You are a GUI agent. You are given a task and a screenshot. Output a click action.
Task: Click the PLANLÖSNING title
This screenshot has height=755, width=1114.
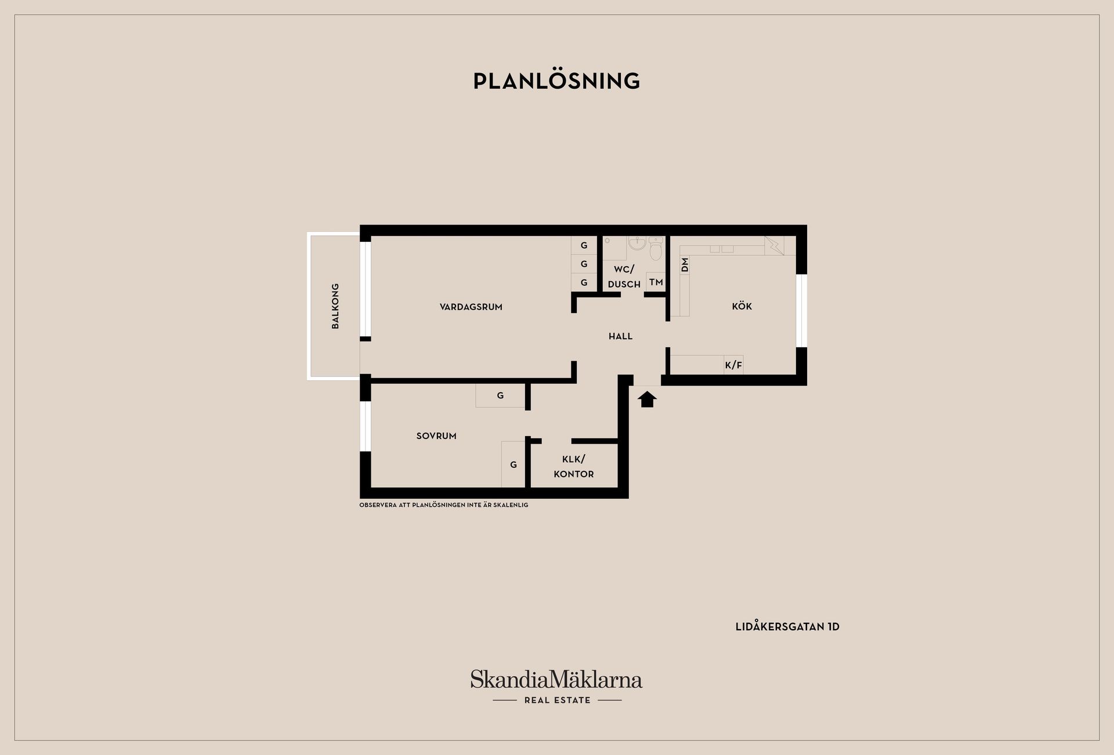(x=556, y=81)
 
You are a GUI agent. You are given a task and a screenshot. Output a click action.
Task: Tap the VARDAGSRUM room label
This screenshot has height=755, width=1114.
(x=471, y=307)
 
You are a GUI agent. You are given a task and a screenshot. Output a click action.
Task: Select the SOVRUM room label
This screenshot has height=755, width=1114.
(x=436, y=436)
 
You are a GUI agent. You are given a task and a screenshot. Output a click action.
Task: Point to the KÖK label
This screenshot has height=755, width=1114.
(x=742, y=306)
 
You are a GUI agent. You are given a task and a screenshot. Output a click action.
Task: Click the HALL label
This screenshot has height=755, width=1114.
(x=620, y=336)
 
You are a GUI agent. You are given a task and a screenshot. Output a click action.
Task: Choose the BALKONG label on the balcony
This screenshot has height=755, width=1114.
(x=335, y=306)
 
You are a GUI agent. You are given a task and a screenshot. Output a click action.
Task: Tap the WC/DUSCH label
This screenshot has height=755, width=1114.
(x=624, y=277)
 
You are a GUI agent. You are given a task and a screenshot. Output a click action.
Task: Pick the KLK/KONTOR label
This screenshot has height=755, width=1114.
(x=574, y=467)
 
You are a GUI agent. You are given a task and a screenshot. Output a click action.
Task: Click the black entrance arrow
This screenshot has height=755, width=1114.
(x=647, y=399)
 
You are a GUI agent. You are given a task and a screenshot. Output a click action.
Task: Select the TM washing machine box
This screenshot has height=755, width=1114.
(x=656, y=282)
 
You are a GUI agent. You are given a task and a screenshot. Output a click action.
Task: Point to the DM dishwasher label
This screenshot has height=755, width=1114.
(x=685, y=265)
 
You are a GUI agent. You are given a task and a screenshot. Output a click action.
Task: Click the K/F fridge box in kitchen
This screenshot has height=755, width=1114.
(x=733, y=365)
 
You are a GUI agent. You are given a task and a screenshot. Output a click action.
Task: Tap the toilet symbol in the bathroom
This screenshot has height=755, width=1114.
(x=656, y=249)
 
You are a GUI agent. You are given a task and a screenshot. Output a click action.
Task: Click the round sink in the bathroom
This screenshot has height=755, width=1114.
(x=636, y=243)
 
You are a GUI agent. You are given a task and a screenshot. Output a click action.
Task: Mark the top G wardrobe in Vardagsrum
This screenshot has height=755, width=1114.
(x=584, y=245)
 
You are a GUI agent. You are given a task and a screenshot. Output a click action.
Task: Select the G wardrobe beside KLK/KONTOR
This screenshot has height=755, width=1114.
(x=513, y=464)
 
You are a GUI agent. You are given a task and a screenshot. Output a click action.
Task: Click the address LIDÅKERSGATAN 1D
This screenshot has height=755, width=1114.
(x=787, y=627)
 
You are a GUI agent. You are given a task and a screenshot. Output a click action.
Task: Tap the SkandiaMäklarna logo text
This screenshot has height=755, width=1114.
(x=556, y=679)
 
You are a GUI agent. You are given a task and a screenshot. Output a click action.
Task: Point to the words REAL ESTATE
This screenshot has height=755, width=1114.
(x=557, y=700)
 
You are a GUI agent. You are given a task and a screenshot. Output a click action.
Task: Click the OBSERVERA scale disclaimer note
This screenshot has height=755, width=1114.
(x=444, y=505)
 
